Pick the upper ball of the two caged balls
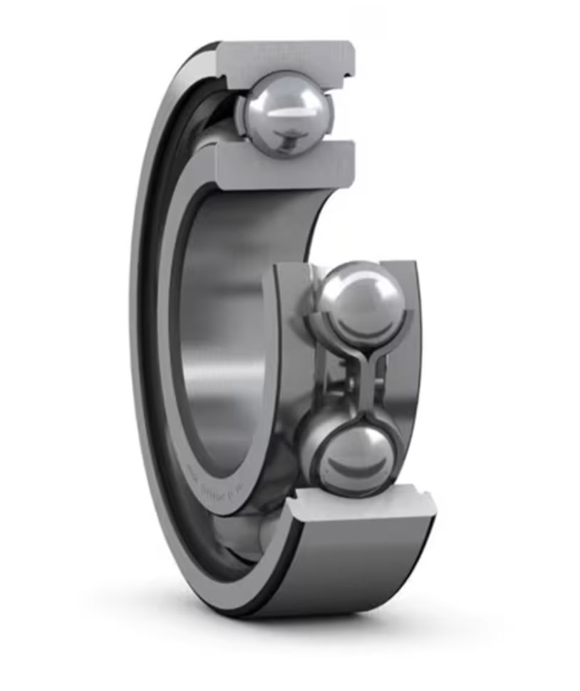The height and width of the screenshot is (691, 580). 361,303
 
